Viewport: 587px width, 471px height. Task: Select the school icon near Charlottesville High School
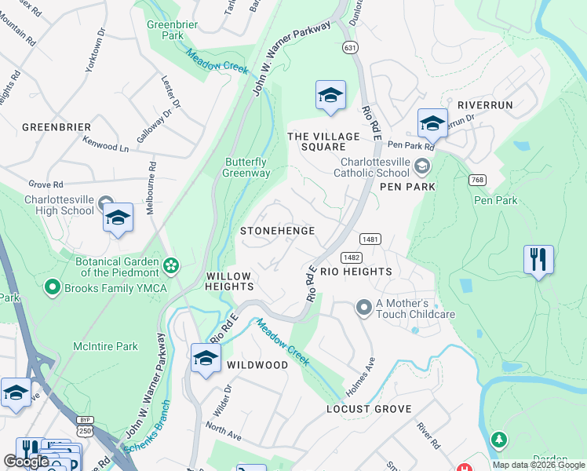[x=118, y=219]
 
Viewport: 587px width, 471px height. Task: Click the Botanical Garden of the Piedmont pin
[x=170, y=267]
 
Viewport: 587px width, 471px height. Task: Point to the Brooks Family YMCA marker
[x=53, y=287]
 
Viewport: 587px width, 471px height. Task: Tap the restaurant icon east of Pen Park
[x=538, y=260]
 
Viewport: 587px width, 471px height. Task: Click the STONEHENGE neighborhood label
[x=277, y=231]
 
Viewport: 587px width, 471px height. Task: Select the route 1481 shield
[x=370, y=238]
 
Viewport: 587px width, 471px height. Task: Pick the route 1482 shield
[x=351, y=257]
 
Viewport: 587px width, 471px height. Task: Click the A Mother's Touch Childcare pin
[x=363, y=308]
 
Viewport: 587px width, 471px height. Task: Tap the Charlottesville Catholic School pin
[x=422, y=166]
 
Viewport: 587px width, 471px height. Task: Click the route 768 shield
[x=476, y=180]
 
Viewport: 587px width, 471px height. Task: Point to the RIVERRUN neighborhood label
[x=485, y=104]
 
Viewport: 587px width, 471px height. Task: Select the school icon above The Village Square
[x=330, y=96]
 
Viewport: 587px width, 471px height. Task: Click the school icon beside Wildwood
[x=206, y=359]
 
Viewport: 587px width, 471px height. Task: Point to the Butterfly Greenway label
[x=247, y=167]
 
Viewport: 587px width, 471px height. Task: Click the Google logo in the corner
[x=27, y=461]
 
